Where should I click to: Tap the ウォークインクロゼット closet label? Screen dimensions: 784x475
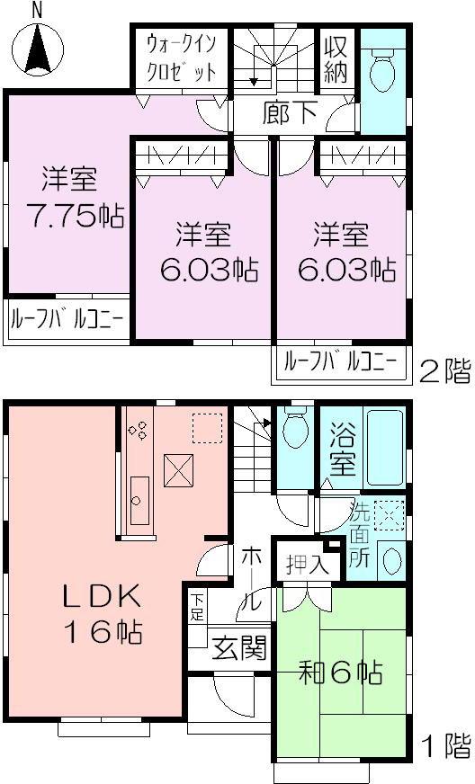click(181, 58)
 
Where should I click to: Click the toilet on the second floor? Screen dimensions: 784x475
click(381, 63)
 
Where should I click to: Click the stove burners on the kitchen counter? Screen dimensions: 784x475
click(139, 430)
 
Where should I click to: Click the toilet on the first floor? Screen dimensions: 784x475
click(293, 431)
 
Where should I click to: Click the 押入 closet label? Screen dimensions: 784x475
click(305, 565)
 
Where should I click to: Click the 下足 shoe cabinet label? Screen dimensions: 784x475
click(196, 609)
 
